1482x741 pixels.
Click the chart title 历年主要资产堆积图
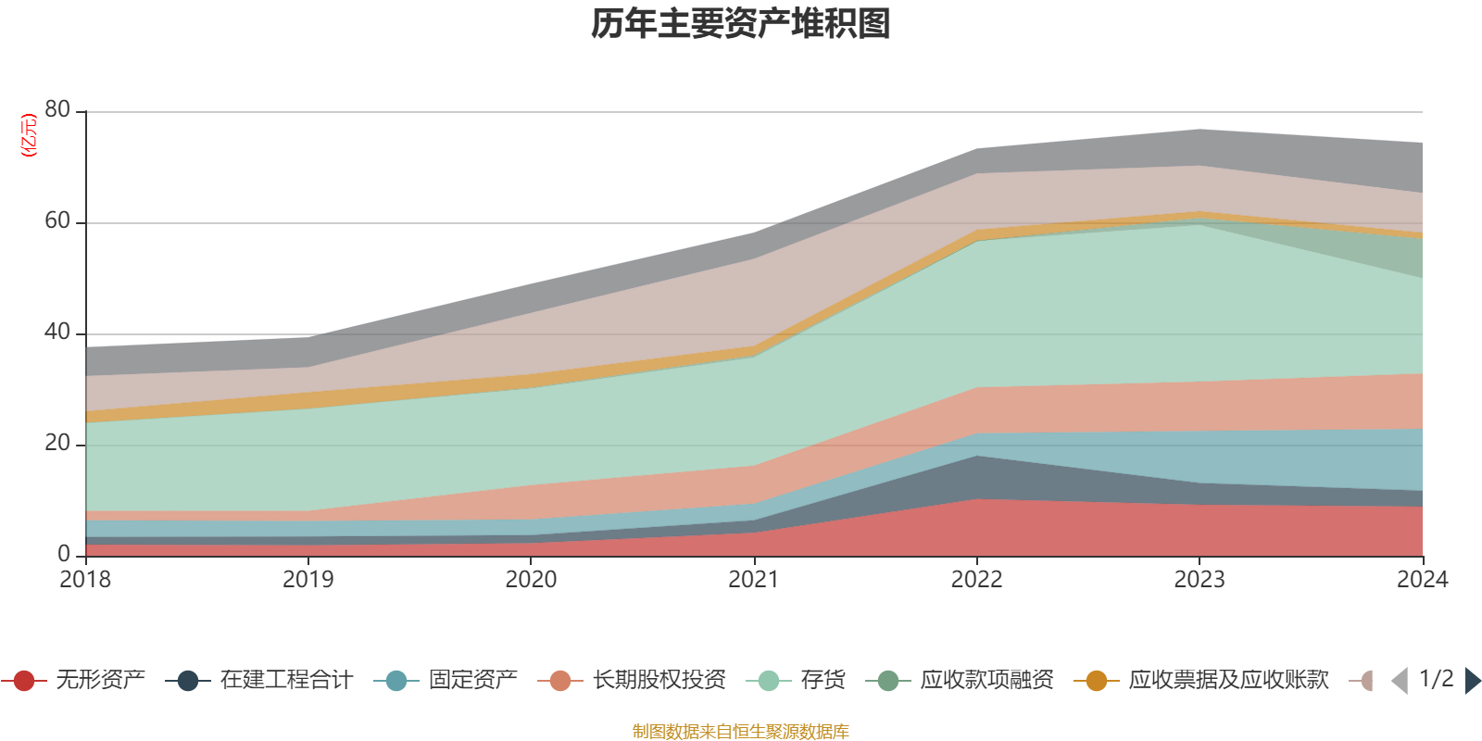coord(741,24)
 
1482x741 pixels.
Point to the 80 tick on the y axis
coord(57,109)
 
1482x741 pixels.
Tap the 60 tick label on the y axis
coord(57,220)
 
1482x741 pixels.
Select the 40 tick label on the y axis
coord(57,332)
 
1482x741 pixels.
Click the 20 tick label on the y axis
coord(57,443)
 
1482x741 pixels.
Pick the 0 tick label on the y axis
coord(64,554)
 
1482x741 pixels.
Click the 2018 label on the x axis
coord(85,580)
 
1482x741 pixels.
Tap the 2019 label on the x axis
coord(308,580)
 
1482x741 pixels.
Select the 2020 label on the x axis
coord(531,580)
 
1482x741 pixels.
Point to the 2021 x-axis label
coord(754,580)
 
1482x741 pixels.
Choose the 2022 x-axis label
coord(976,580)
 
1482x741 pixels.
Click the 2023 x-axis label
coord(1199,580)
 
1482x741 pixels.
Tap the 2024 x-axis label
coord(1422,580)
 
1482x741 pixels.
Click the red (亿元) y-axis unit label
coord(29,135)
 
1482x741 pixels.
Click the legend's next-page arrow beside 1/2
coord(1472,681)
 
